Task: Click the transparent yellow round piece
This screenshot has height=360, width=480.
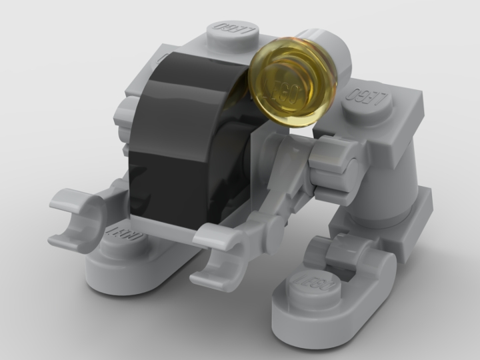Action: [x=291, y=81]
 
